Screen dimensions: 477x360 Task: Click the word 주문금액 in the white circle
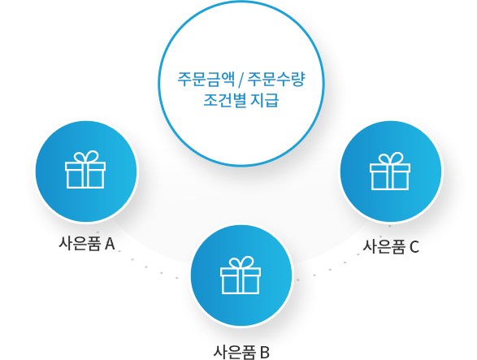pos(206,79)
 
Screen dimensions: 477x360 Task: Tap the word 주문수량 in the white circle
pos(276,79)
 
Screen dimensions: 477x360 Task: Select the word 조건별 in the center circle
pos(224,100)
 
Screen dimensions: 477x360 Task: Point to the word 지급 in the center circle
pos(264,100)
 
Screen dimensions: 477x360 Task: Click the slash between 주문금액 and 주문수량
pos(241,80)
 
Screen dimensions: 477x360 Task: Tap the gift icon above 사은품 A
pos(85,170)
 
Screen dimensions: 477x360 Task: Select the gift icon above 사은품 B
pos(241,275)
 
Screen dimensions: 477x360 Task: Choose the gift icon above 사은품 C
pos(390,171)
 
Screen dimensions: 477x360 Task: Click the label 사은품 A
pos(87,244)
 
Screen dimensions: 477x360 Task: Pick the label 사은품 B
pos(241,353)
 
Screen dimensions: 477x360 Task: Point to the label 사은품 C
pos(391,246)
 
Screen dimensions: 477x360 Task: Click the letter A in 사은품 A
pos(110,244)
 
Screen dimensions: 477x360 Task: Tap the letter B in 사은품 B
pos(265,353)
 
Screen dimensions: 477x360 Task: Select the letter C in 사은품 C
pos(414,246)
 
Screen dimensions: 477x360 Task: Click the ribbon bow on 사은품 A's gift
pos(87,156)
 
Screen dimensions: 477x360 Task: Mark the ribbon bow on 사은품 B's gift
pos(241,262)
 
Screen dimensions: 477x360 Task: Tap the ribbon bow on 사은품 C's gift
pos(391,158)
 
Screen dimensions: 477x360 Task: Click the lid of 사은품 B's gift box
pos(241,272)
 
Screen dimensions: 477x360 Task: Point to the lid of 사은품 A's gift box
pos(85,167)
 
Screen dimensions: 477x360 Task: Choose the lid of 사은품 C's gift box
pos(390,168)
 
